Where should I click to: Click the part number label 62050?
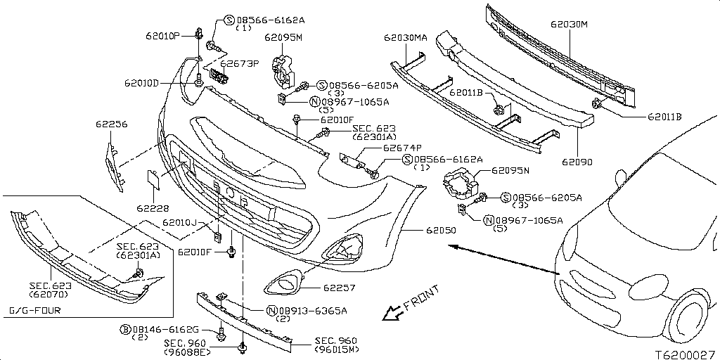pos(439,230)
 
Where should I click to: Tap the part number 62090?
pos(577,162)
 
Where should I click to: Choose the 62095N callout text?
pos(510,170)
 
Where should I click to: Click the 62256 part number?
pos(112,124)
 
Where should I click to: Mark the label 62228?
pos(151,209)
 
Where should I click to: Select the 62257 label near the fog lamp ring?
pos(339,288)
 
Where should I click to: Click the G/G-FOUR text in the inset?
pos(35,310)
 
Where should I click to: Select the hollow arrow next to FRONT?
pos(390,312)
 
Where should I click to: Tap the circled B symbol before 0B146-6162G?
pos(125,329)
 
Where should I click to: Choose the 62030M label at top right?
pos(569,24)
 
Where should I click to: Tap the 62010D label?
pos(162,82)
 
